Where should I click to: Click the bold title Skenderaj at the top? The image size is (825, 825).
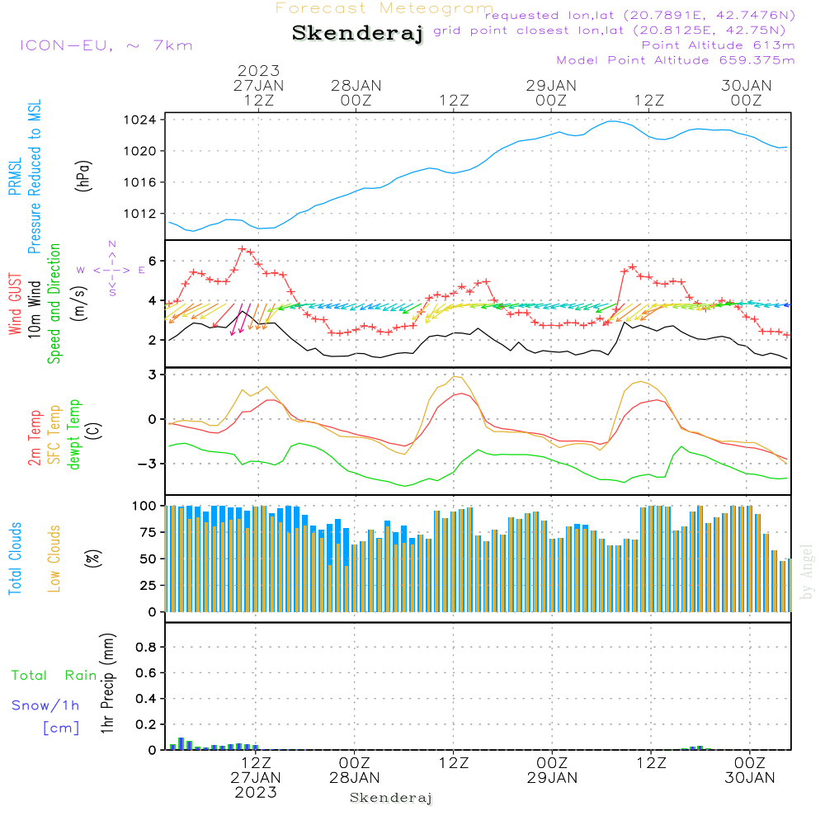coord(357,34)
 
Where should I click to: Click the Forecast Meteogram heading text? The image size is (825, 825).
coord(384,8)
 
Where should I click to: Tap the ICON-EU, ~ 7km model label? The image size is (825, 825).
coord(106,45)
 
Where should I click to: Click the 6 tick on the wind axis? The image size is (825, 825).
coord(153,261)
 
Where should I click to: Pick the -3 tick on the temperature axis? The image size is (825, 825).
coord(149,464)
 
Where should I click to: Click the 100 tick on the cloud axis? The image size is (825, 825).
coord(145,505)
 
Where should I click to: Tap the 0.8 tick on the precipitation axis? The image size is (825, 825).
coord(146,648)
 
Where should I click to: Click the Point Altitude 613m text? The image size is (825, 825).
coord(718,45)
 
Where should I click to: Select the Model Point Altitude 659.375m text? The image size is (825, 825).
coord(676,60)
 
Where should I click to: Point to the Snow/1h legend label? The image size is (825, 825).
coord(45,705)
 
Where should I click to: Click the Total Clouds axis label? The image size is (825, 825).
coord(15,559)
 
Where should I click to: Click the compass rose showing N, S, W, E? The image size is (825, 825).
coord(111,269)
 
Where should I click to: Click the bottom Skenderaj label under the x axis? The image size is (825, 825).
coord(391,798)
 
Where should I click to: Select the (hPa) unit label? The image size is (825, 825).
coord(82,174)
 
